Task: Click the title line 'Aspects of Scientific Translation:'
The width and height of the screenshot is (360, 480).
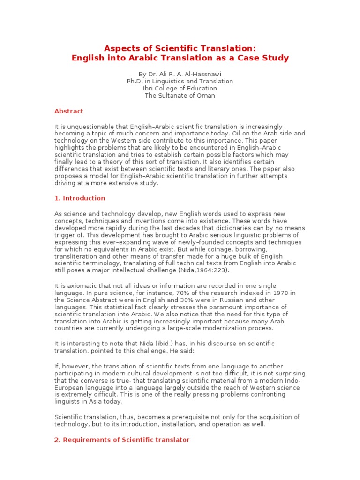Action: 180,48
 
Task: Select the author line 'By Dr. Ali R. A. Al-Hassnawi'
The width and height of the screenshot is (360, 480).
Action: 180,74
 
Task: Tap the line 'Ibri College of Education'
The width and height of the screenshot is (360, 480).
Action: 180,88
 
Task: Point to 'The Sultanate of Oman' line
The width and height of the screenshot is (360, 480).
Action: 180,95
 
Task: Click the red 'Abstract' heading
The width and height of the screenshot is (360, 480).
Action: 69,111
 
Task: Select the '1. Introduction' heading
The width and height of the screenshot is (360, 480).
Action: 80,198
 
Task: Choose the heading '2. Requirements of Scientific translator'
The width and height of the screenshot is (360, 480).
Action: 122,439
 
